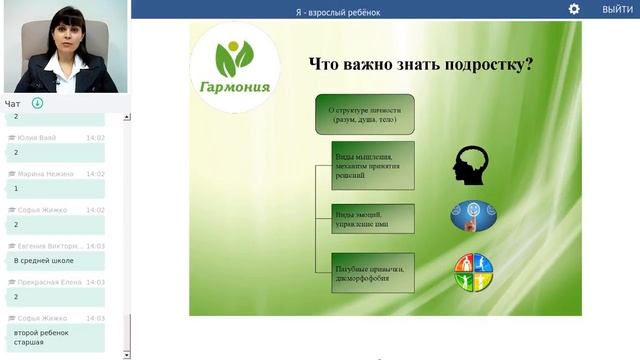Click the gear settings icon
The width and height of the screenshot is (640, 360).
coord(574,9)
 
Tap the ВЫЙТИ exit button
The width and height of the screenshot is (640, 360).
coord(616,9)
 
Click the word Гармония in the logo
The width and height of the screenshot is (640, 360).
coord(234,86)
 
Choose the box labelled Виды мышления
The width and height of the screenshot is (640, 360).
coord(372,166)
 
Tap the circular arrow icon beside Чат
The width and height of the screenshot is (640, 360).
coord(37,103)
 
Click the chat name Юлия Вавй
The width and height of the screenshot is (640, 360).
coord(36,138)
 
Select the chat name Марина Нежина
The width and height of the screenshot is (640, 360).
coord(46,174)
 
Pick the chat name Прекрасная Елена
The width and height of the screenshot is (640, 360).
coord(49,282)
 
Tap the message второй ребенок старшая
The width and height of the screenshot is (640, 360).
coord(42,337)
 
